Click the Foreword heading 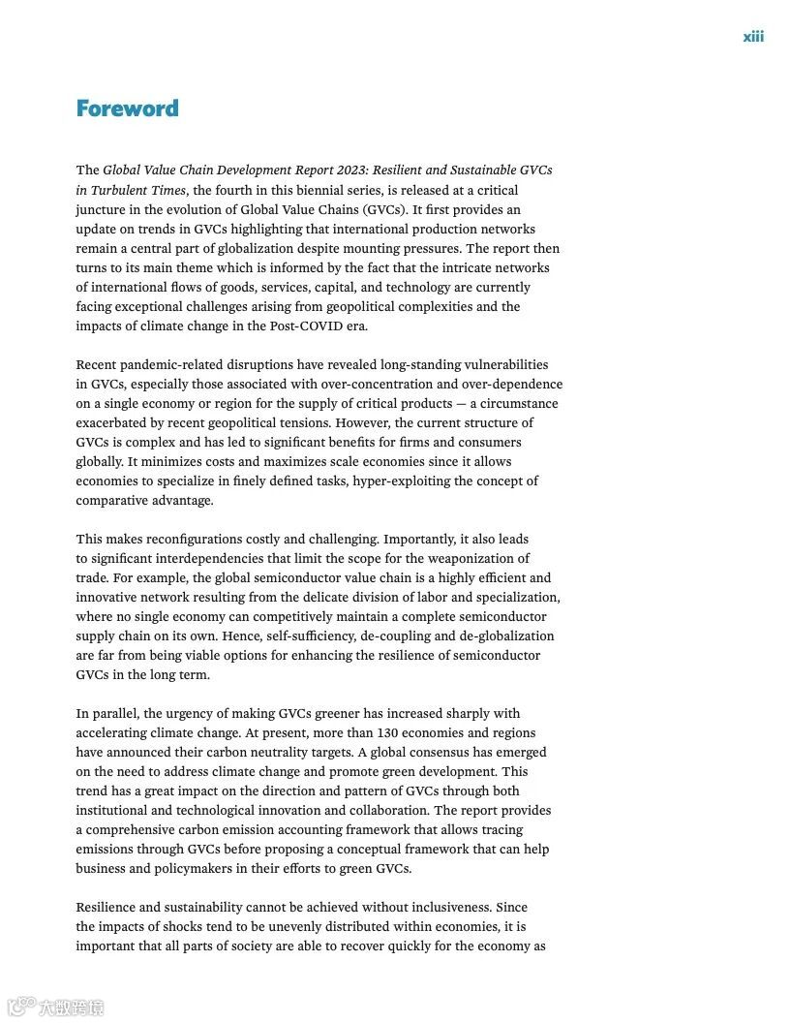127,108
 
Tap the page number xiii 753,37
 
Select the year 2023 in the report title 347,170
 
